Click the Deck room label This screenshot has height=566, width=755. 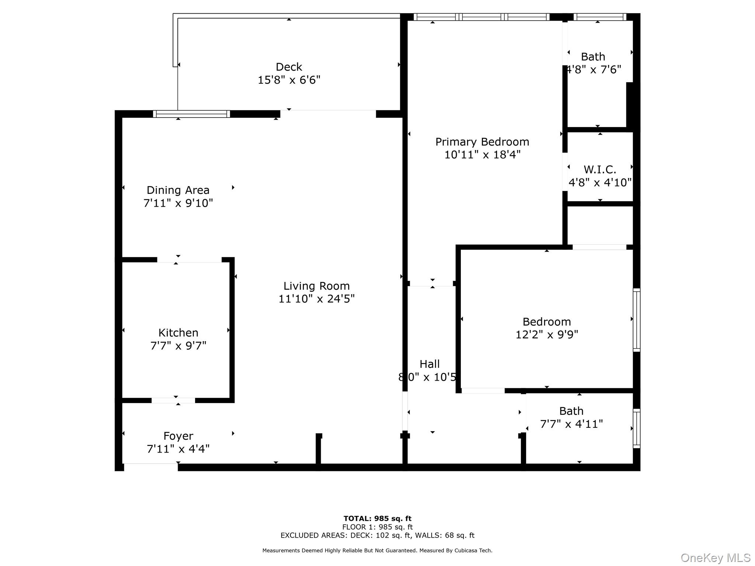point(289,67)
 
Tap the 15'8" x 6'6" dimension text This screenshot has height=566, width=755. point(289,80)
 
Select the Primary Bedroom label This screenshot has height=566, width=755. point(482,142)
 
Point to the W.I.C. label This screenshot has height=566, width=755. point(600,170)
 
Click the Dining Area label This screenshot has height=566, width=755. point(178,190)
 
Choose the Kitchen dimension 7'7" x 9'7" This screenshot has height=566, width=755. point(178,346)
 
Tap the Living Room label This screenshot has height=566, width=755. point(316,286)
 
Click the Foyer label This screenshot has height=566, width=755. point(178,436)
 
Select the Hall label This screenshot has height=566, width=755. point(429,364)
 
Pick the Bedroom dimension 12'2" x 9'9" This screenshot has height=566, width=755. point(546,335)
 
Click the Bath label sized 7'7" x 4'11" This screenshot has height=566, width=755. point(571,411)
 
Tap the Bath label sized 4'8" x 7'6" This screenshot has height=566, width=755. point(593,57)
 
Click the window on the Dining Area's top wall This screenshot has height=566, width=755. point(191,114)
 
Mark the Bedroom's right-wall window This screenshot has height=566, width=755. point(636,320)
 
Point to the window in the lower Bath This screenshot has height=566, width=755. point(636,428)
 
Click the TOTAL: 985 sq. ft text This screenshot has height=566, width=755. point(377,518)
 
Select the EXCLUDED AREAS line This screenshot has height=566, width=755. point(377,535)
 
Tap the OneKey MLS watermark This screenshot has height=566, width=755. point(715,558)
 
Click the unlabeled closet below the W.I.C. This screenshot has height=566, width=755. point(600,225)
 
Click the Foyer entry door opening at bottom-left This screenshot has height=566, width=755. point(150,467)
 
